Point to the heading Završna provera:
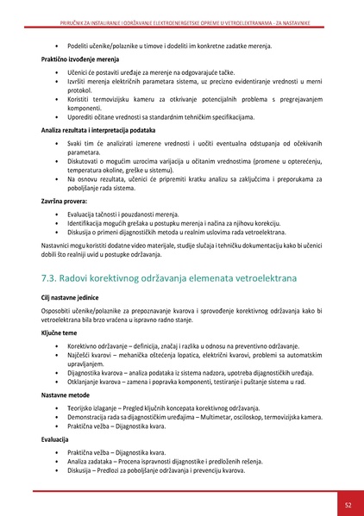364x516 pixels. (x=62, y=200)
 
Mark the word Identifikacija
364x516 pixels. (x=88, y=221)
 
